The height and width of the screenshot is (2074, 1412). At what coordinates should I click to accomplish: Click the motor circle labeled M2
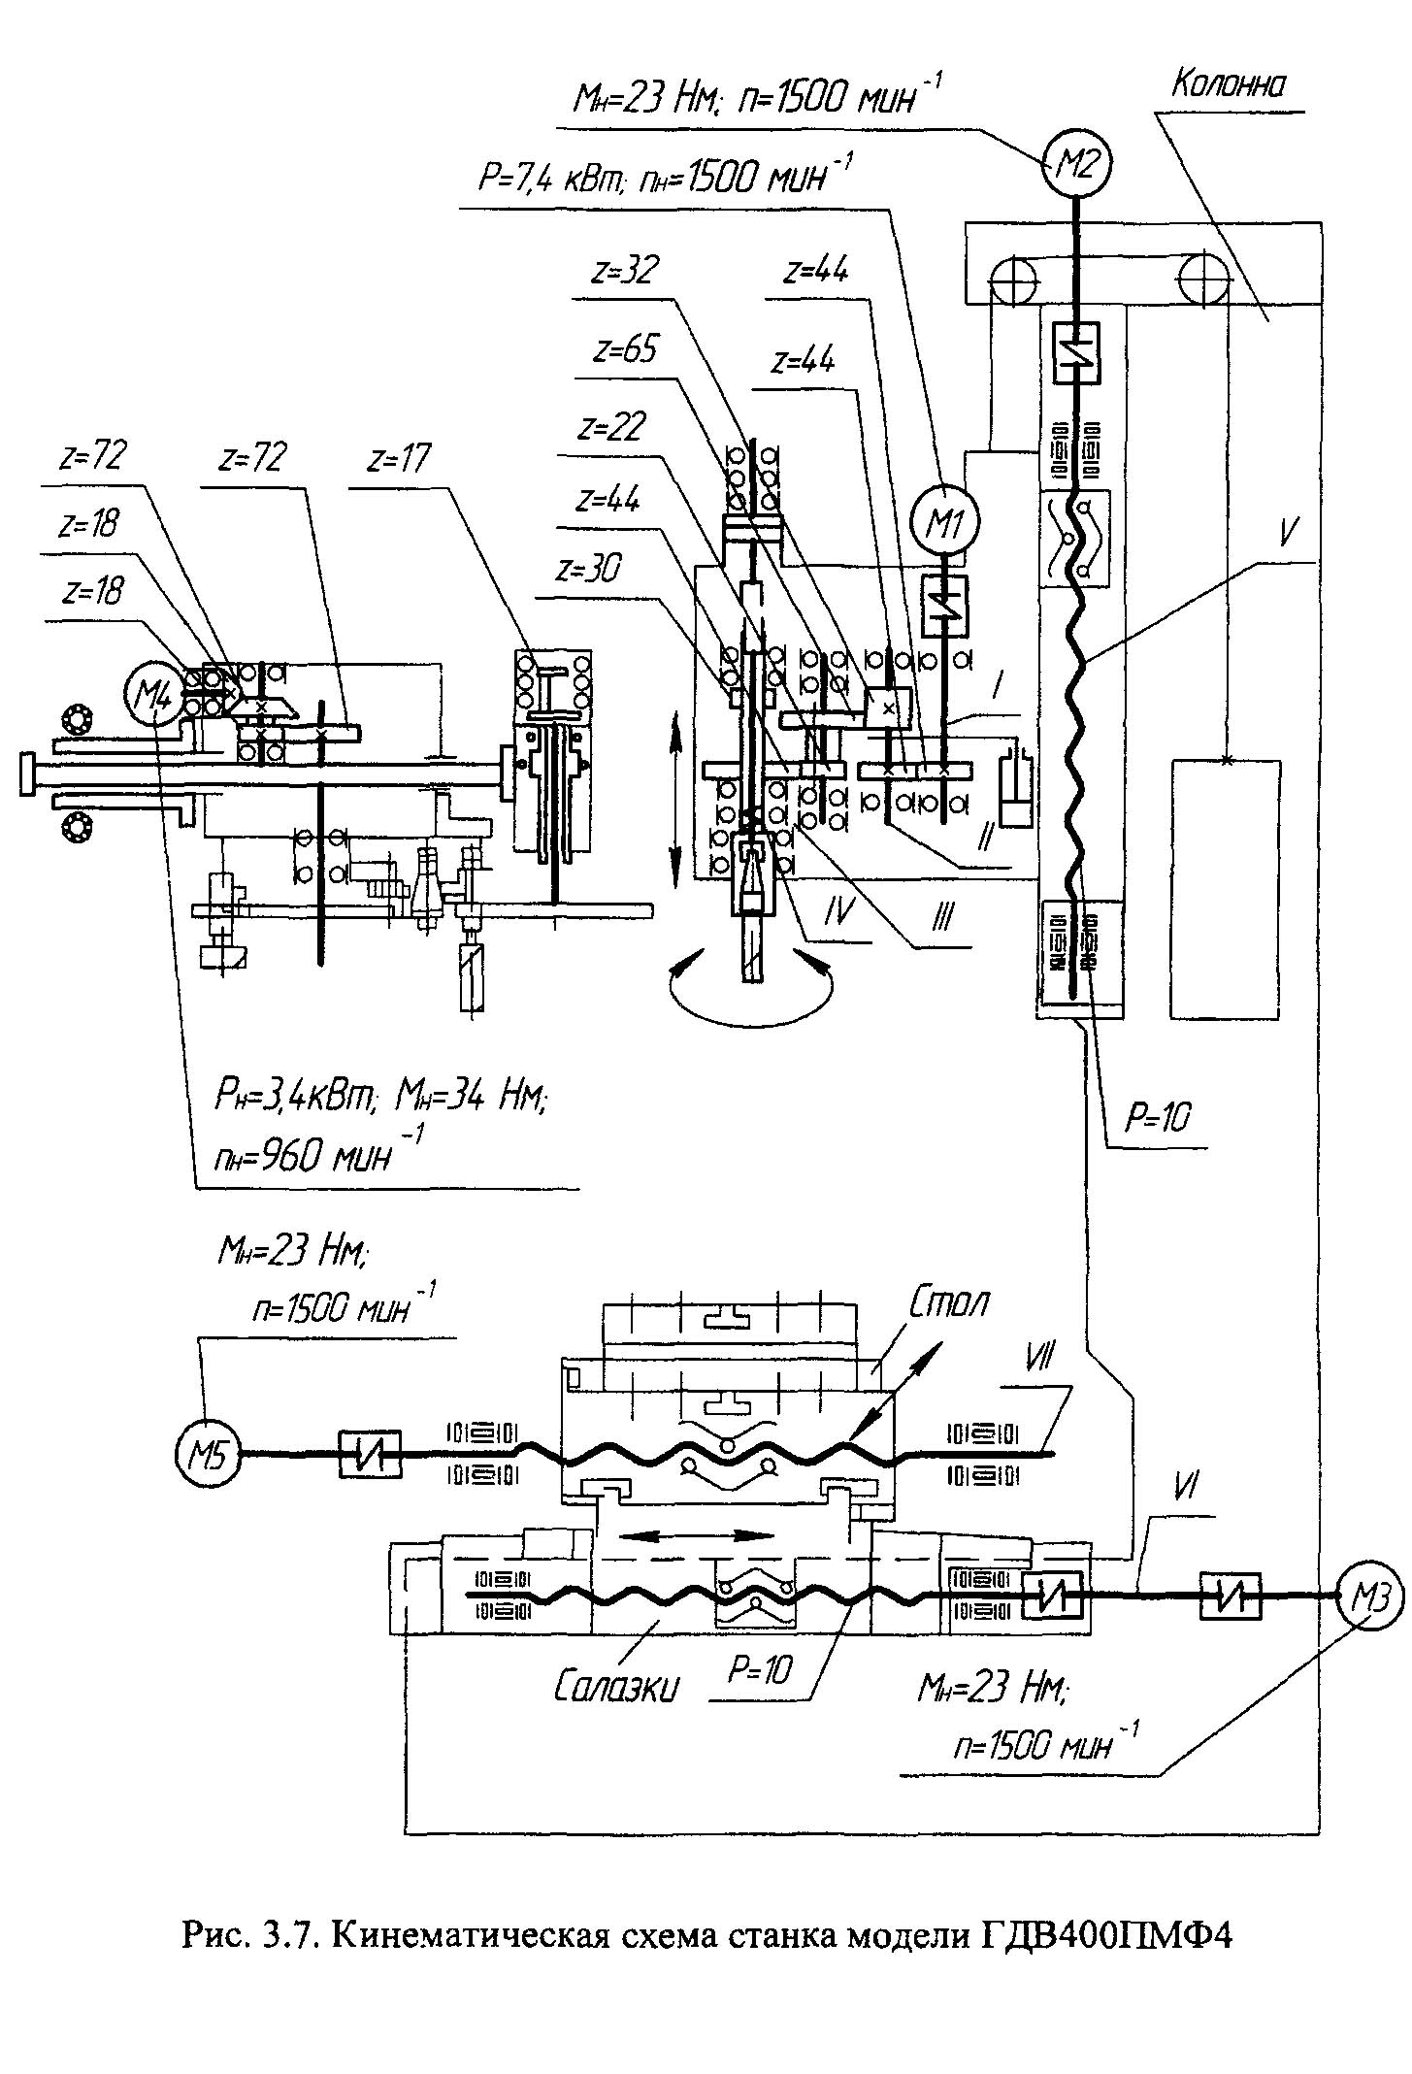pos(1076,166)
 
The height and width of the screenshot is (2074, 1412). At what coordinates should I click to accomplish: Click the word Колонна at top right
pos(1228,85)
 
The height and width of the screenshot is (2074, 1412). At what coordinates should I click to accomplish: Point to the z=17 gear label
pos(400,458)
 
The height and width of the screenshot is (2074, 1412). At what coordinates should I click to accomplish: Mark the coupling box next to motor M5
pos(370,1454)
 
